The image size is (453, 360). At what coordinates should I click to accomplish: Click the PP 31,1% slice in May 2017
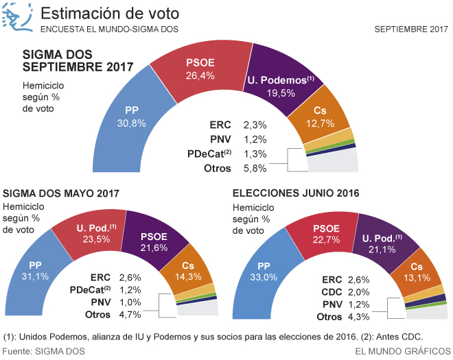(x=43, y=269)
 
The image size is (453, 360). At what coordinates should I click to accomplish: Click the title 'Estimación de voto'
(x=111, y=14)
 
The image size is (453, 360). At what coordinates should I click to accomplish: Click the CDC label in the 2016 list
(x=332, y=291)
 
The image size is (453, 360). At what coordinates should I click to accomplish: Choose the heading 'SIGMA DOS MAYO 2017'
(x=62, y=194)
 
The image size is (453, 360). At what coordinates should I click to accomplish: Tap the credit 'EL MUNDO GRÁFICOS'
(x=402, y=351)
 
